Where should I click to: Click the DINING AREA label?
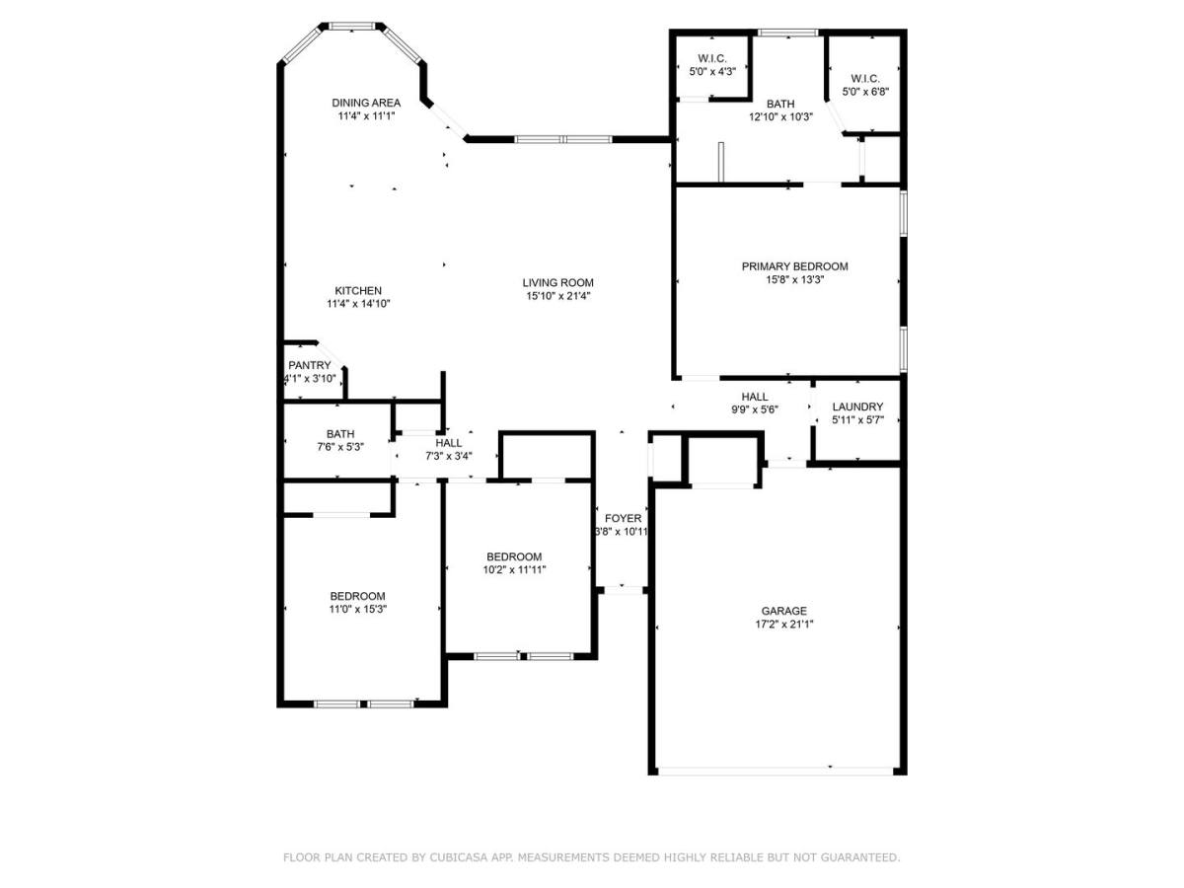(366, 103)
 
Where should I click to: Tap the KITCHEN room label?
(357, 291)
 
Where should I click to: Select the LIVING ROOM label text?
(557, 282)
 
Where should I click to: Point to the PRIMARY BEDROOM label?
(794, 266)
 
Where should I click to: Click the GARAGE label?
(783, 611)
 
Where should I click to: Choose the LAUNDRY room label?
(857, 407)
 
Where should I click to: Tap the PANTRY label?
(309, 365)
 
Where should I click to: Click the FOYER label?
(623, 518)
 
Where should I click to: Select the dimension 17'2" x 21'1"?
(784, 625)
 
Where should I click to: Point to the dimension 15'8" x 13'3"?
(795, 280)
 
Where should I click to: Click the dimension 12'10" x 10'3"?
(780, 116)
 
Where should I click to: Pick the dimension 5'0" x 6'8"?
(865, 92)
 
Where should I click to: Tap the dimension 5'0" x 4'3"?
(712, 71)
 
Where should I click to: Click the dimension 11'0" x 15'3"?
(358, 609)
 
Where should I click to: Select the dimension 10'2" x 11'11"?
(515, 569)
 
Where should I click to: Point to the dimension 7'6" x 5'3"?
(340, 447)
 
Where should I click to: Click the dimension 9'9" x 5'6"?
(755, 409)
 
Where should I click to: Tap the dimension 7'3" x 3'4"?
(449, 456)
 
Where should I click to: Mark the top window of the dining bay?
(352, 26)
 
